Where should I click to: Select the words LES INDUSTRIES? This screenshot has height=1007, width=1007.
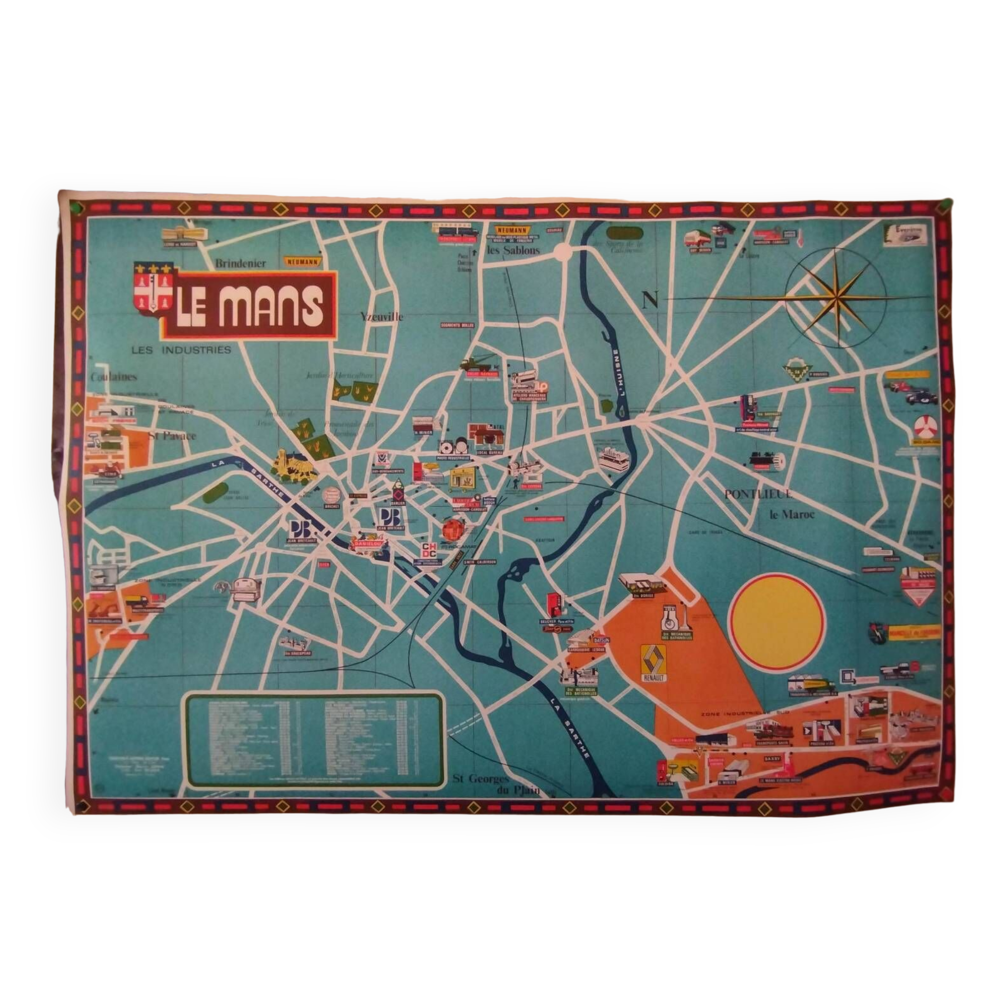(x=181, y=350)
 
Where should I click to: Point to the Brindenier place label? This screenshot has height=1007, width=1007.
(x=240, y=263)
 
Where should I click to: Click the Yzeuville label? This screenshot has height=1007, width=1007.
(x=382, y=316)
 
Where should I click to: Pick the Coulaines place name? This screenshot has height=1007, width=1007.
(x=114, y=376)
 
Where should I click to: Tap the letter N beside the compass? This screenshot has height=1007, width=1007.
(x=650, y=300)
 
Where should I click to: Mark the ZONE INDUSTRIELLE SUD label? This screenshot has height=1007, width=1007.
(x=745, y=712)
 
